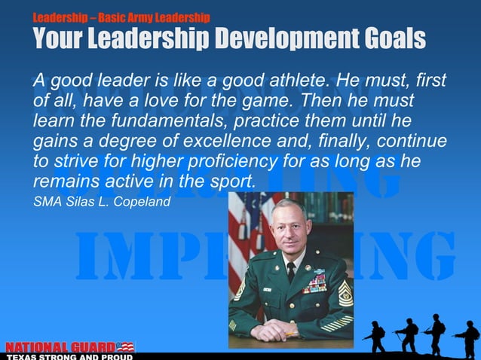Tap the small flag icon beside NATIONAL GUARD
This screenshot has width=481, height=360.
coord(125,346)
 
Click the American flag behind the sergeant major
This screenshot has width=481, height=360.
coord(245,226)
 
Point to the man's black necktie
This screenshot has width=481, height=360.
coord(291,272)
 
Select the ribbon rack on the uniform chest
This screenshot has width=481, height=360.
coord(314,283)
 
